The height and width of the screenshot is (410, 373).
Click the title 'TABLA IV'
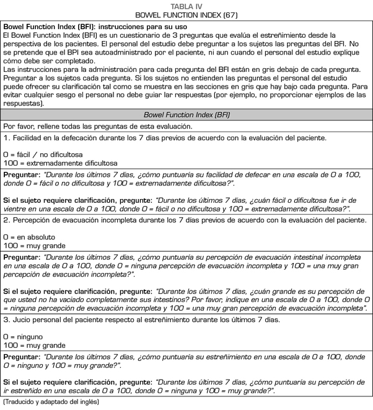pyautogui.click(x=186, y=6)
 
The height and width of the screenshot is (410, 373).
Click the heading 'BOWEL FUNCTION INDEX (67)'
pyautogui.click(x=186, y=14)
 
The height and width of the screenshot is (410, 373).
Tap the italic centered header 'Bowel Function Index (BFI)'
pyautogui.click(x=186, y=114)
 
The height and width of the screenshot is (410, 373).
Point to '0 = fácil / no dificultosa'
pyautogui.click(x=43, y=153)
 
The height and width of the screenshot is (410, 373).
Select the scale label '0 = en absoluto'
pyautogui.click(x=29, y=236)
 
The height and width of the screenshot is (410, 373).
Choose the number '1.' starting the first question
pyautogui.click(x=7, y=137)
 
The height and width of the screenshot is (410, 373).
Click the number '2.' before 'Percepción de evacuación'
pyautogui.click(x=7, y=220)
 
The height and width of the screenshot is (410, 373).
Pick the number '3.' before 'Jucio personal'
pyautogui.click(x=7, y=319)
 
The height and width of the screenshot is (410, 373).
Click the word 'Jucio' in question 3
pyautogui.click(x=23, y=319)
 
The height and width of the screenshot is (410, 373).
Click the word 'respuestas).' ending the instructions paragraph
pyautogui.click(x=24, y=104)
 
